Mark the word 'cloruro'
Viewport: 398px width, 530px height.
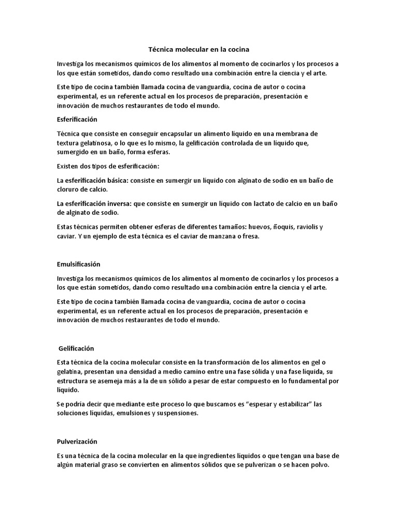[x=69, y=189]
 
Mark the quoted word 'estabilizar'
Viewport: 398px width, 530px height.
[x=293, y=404]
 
